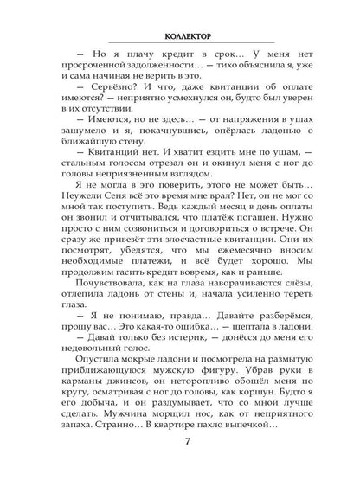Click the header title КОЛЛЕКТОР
(x=180, y=36)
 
